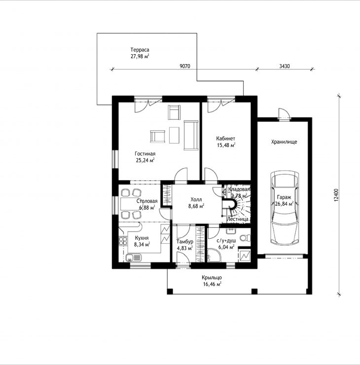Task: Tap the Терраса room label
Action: point(140,50)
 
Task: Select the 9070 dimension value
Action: point(185,66)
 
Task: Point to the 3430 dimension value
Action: point(285,66)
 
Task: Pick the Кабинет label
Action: point(225,139)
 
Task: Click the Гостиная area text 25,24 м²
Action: point(145,160)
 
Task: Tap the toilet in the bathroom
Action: point(245,238)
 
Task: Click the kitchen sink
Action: point(133,258)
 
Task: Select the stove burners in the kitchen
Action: point(123,241)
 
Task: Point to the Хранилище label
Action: point(284,142)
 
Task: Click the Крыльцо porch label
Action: point(212,278)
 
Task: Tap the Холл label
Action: point(196,199)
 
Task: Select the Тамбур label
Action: point(185,242)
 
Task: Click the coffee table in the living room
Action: point(174,135)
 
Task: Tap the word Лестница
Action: point(238,219)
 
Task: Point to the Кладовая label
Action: point(239,189)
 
